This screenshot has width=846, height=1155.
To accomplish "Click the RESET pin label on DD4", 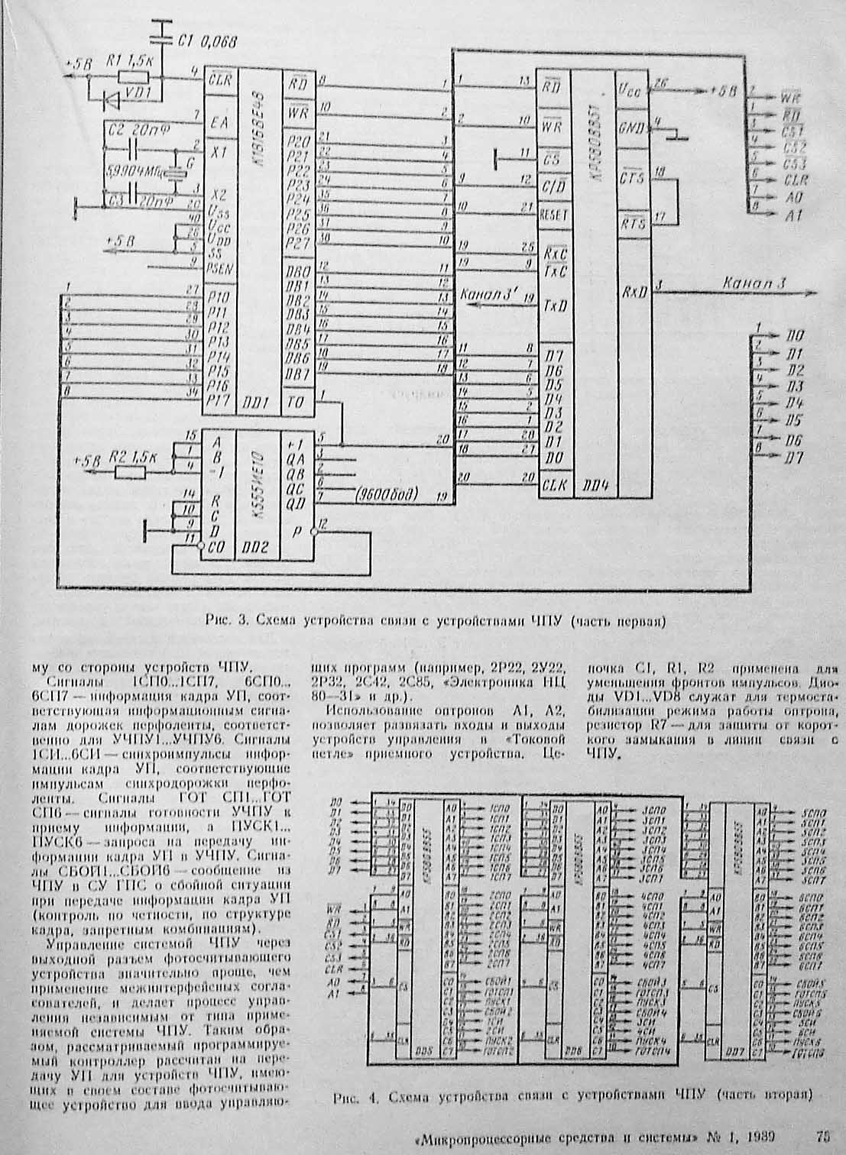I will (554, 214).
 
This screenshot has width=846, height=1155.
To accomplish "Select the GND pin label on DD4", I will (631, 127).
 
